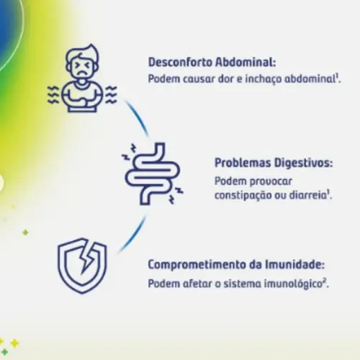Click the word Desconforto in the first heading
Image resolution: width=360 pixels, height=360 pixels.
(x=180, y=63)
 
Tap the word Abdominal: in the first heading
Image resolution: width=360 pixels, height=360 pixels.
(x=246, y=63)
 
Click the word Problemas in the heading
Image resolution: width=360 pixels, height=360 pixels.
(x=243, y=163)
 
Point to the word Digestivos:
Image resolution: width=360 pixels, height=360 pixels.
(x=303, y=163)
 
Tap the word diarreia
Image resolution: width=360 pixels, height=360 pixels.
(x=307, y=195)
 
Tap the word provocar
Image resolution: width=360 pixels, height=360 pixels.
(x=271, y=181)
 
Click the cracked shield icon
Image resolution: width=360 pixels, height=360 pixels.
(x=82, y=266)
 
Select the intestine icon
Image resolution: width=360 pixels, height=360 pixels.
(x=152, y=174)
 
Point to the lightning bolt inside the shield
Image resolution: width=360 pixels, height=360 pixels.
(x=86, y=260)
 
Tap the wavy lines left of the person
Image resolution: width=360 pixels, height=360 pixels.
(x=53, y=95)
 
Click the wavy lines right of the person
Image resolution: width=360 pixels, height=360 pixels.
(x=112, y=95)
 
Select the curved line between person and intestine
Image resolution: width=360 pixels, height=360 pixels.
(x=138, y=117)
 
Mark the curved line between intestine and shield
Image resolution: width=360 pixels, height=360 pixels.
(x=135, y=235)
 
